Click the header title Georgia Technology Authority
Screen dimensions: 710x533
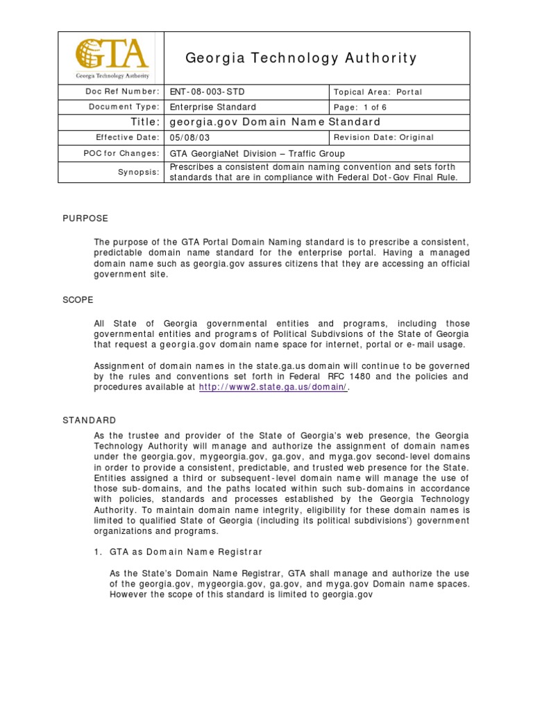click(x=301, y=58)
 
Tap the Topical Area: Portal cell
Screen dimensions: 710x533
click(x=378, y=92)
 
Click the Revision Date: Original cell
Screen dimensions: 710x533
click(x=384, y=137)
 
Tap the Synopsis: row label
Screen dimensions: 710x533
click(x=138, y=172)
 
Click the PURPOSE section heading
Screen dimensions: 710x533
click(x=85, y=218)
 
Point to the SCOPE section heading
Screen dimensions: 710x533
click(x=78, y=300)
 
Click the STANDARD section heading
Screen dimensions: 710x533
click(x=89, y=420)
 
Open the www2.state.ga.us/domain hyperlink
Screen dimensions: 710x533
click(x=273, y=387)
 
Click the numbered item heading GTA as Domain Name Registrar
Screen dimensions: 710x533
click(x=186, y=551)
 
